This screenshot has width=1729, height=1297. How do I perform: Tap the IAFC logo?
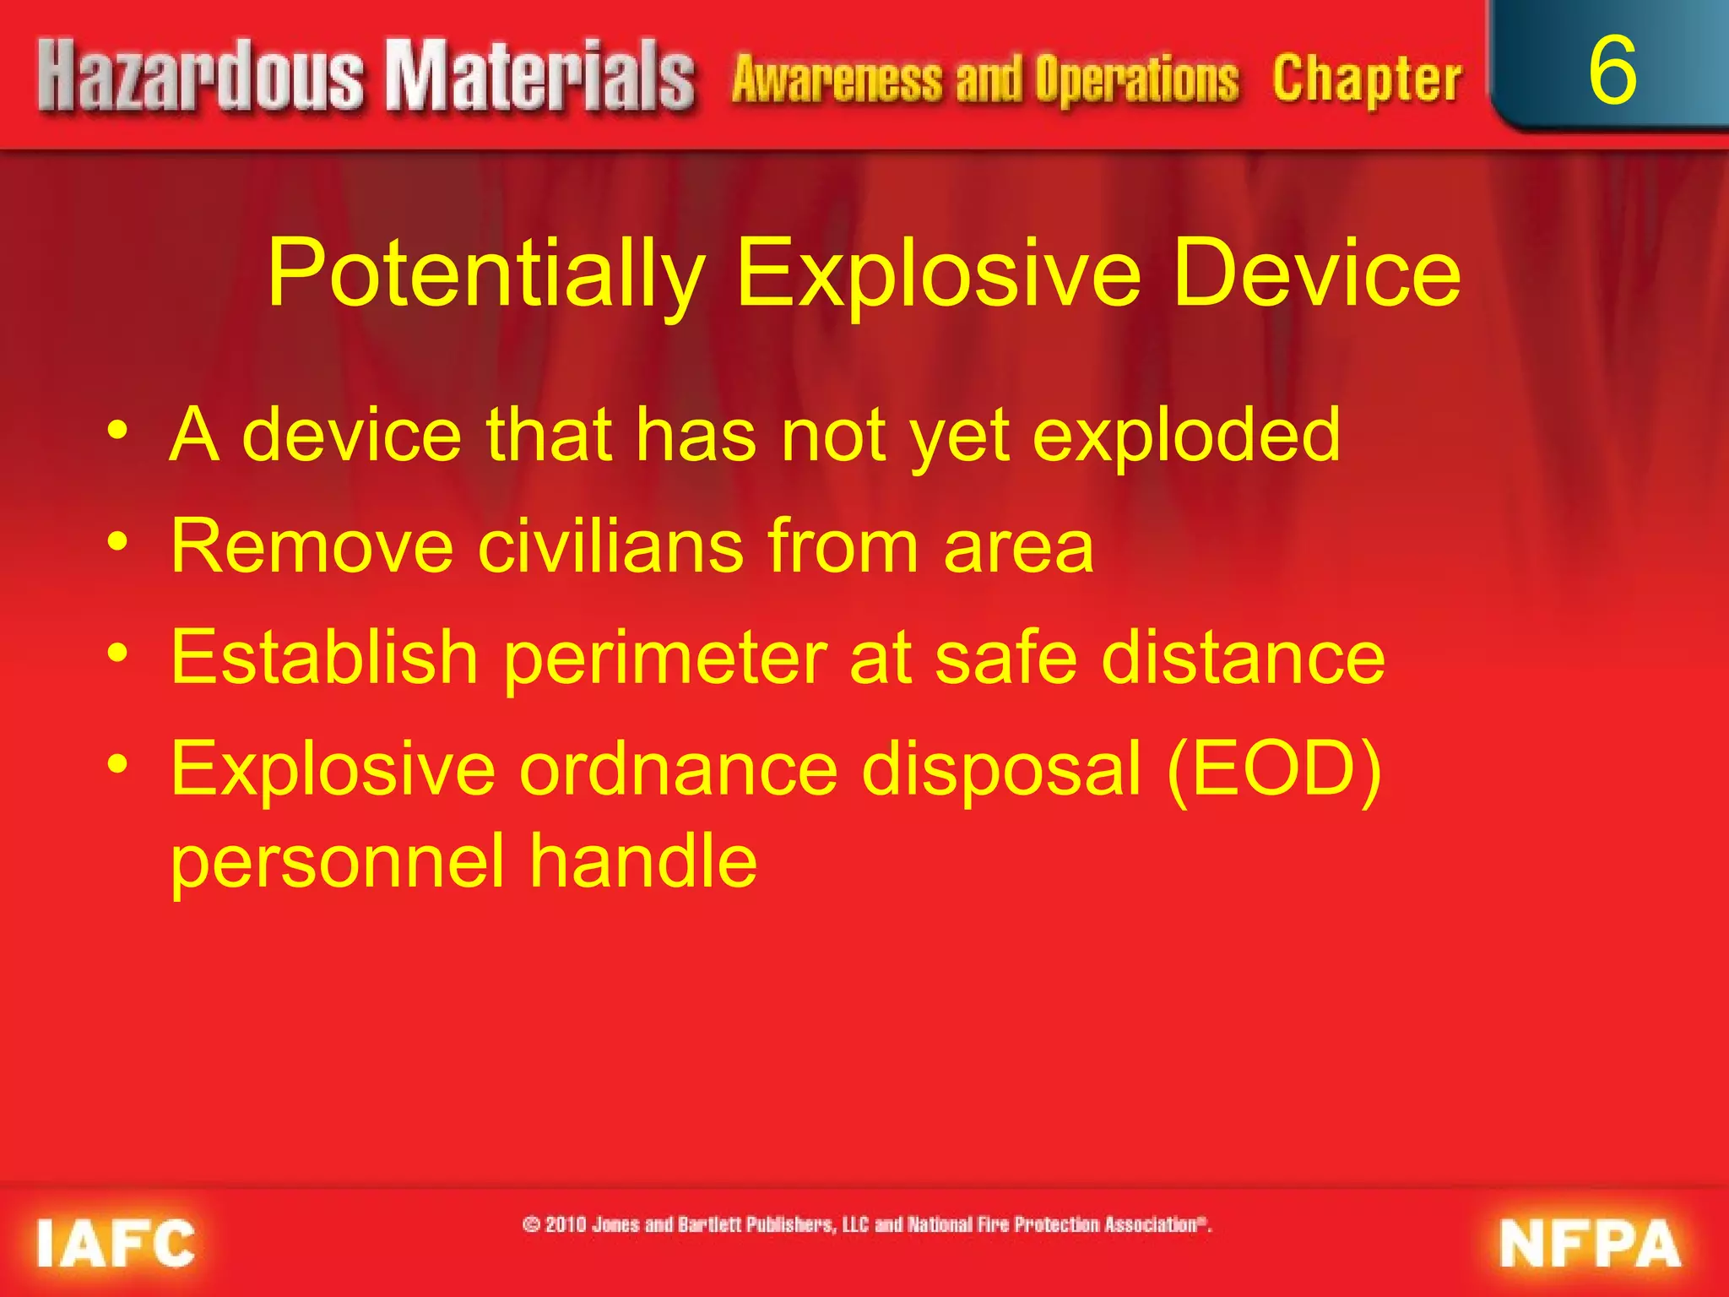[116, 1243]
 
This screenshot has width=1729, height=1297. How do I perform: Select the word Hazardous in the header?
[201, 78]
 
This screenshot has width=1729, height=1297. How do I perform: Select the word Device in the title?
[1316, 273]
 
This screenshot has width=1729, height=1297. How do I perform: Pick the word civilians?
[611, 547]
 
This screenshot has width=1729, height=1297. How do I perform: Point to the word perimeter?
[665, 658]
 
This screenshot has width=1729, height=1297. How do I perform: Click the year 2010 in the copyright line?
[565, 1224]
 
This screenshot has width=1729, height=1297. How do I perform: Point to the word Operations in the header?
[1137, 80]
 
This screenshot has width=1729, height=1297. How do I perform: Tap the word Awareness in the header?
[837, 80]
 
